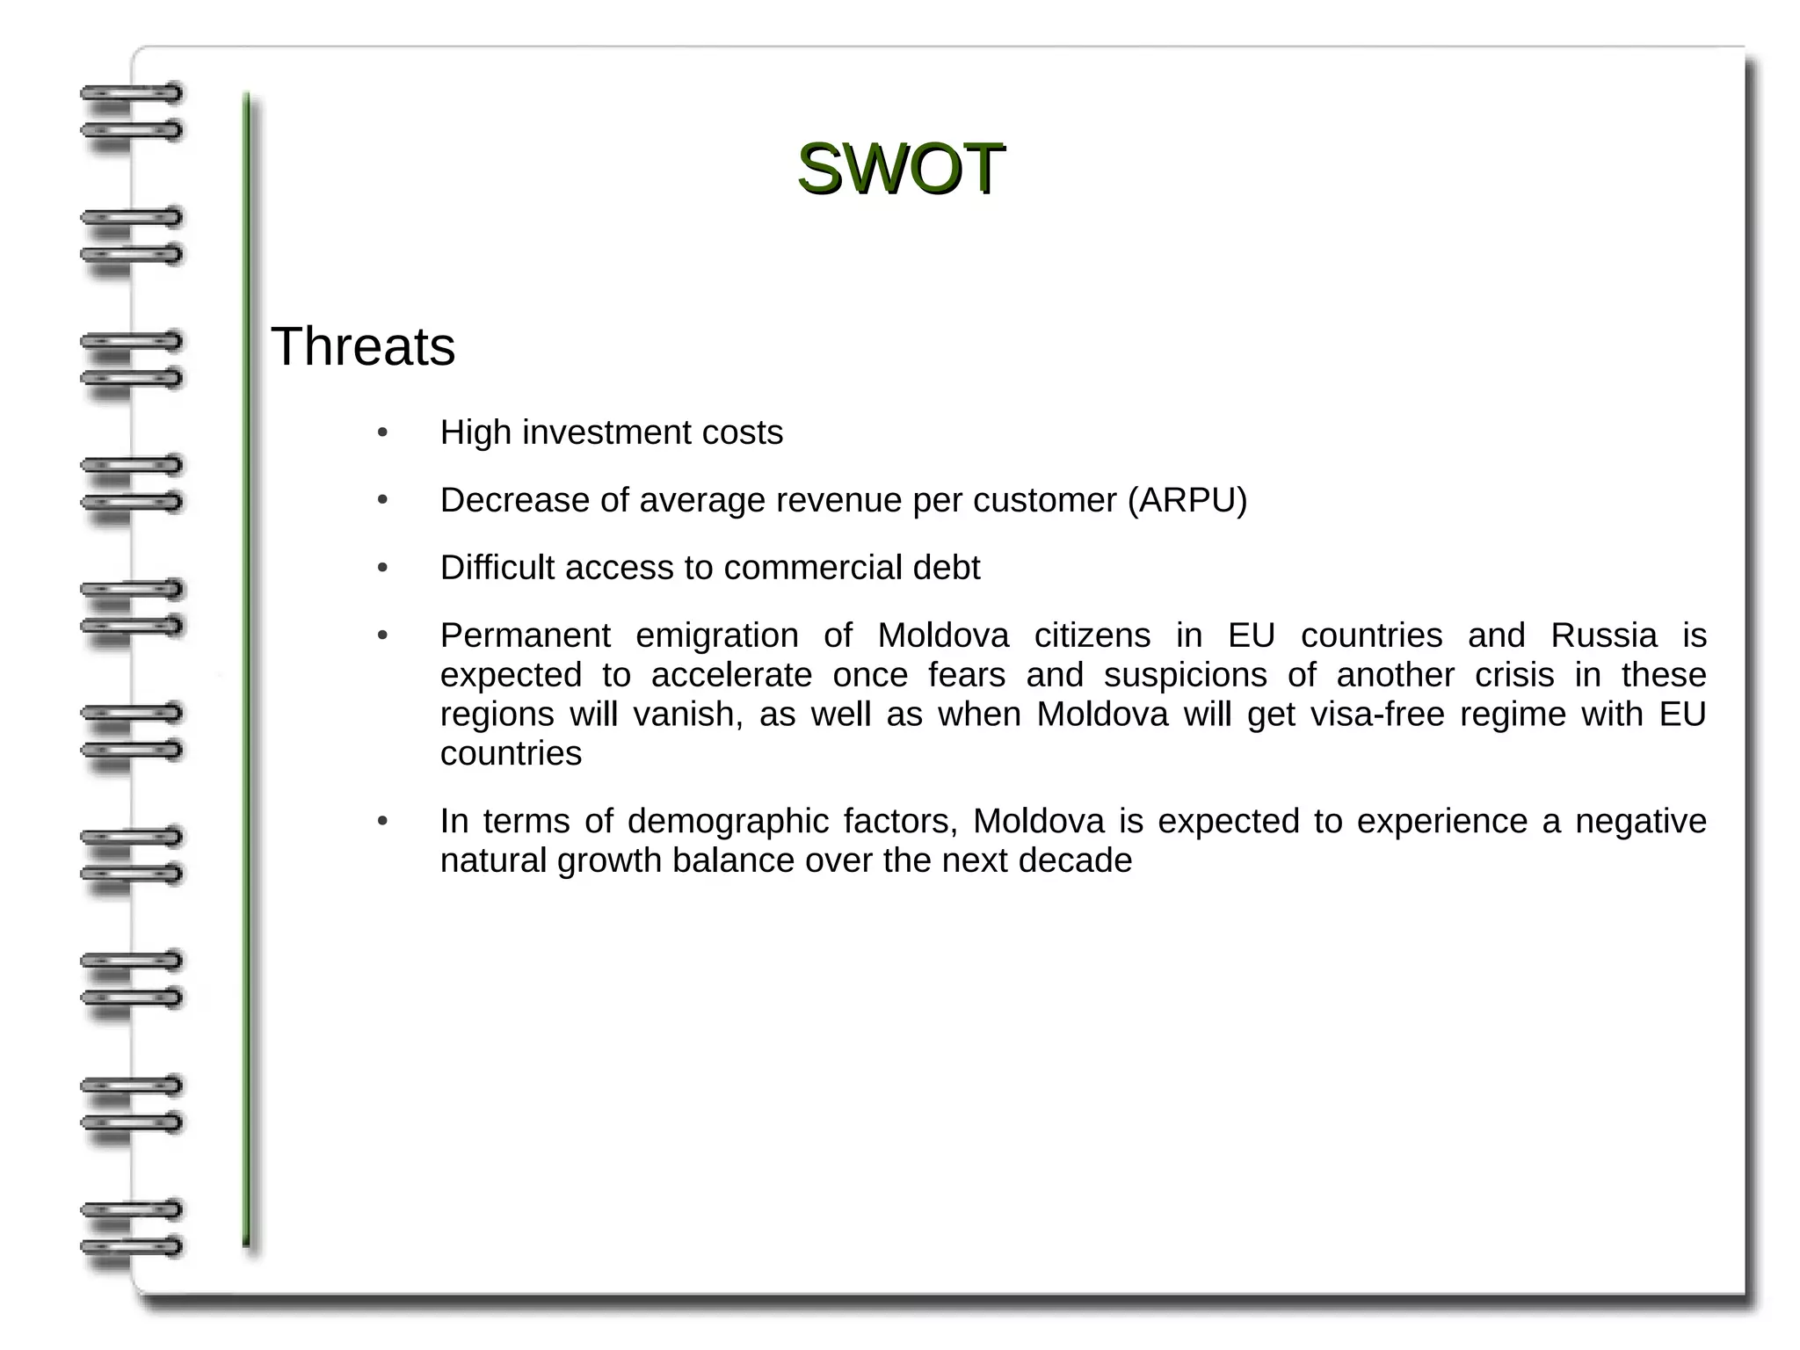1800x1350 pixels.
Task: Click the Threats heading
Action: click(x=363, y=346)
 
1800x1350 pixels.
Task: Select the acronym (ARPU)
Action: click(x=1187, y=500)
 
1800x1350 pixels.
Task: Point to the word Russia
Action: click(x=1603, y=635)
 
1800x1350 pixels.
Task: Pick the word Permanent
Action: click(x=525, y=635)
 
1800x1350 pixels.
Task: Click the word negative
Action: click(x=1640, y=822)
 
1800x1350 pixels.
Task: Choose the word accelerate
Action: click(x=731, y=675)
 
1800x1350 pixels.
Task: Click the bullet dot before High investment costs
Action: click(x=382, y=433)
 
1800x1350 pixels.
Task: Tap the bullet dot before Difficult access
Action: click(x=382, y=569)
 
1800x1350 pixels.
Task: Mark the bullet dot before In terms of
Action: click(x=382, y=822)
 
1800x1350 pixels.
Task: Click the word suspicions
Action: click(x=1185, y=675)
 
